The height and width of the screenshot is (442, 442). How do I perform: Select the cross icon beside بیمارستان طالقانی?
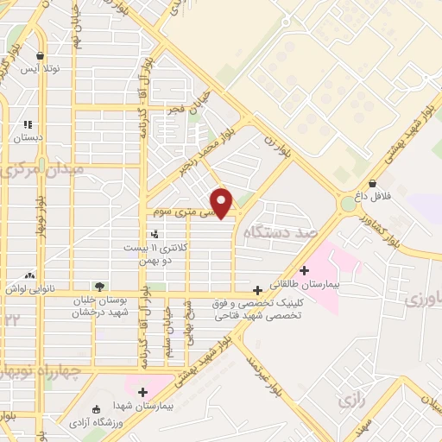click(304, 270)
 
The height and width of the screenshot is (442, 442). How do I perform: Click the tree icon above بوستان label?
click(100, 286)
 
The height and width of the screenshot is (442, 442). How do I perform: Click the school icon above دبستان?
click(28, 124)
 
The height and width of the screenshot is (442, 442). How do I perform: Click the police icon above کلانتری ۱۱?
click(155, 234)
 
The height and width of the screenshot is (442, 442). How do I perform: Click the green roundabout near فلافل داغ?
click(349, 205)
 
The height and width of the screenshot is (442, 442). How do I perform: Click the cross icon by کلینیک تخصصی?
click(257, 290)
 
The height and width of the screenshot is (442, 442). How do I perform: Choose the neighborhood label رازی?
click(348, 401)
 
